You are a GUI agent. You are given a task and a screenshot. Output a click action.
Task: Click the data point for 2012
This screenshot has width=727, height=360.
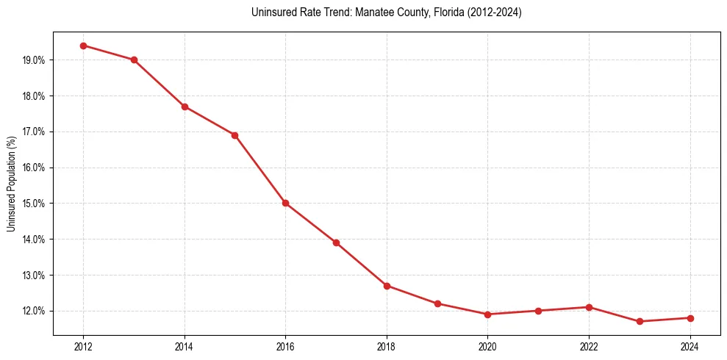(x=83, y=46)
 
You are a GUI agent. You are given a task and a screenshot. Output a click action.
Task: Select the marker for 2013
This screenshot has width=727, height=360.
(x=134, y=60)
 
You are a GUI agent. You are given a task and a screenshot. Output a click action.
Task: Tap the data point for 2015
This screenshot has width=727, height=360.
(x=235, y=135)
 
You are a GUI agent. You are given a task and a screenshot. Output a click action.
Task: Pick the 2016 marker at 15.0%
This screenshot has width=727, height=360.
(x=285, y=203)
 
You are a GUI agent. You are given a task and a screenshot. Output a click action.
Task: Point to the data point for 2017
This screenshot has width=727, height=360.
(x=336, y=242)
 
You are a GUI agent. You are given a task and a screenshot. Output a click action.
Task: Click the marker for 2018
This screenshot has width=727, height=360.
(x=387, y=286)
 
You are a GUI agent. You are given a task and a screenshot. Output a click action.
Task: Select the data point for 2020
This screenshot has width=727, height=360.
(x=487, y=314)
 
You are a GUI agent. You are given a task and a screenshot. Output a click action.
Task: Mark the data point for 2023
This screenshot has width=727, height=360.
(x=640, y=321)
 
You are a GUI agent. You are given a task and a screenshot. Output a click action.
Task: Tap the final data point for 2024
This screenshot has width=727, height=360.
(x=690, y=318)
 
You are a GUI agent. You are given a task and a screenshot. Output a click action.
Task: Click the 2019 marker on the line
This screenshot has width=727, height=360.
(x=437, y=303)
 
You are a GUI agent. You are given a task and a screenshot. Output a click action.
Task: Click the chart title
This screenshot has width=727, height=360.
(x=386, y=12)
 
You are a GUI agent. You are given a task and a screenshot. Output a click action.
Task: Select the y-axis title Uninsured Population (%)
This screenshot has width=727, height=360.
(x=11, y=184)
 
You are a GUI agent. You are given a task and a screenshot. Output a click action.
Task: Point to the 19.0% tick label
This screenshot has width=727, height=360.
(x=35, y=60)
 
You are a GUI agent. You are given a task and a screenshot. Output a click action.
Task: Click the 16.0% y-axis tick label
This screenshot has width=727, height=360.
(x=35, y=168)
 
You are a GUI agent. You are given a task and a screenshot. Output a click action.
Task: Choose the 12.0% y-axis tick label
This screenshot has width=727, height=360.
(x=35, y=311)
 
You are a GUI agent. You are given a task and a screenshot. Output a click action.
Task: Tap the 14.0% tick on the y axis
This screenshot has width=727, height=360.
(x=35, y=240)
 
